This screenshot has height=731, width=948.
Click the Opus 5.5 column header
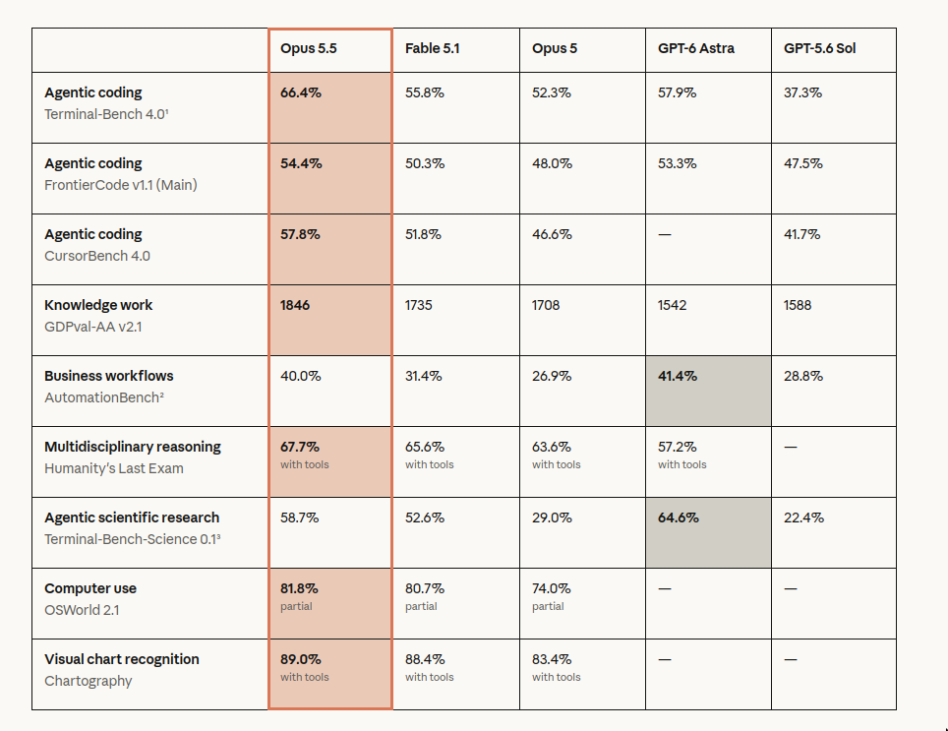coord(309,48)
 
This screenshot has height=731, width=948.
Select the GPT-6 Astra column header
coord(696,48)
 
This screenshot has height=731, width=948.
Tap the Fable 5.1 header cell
coord(433,48)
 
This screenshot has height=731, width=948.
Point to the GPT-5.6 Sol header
coord(820,48)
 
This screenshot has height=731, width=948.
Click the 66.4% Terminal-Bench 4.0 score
coord(301,92)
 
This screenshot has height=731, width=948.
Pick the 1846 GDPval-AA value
coord(294,305)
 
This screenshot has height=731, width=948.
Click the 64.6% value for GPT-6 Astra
coord(678,518)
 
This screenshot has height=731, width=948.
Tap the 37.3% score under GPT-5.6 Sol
coord(802,92)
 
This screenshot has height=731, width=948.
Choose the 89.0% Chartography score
coord(301,659)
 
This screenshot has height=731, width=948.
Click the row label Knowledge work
coord(98,305)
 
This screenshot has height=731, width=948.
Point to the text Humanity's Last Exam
coord(114,468)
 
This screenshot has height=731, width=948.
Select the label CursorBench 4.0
coord(97,256)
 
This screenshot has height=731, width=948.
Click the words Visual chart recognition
coord(122,659)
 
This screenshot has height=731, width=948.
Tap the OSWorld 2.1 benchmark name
coord(82,610)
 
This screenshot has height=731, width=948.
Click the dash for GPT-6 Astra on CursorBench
coord(665,234)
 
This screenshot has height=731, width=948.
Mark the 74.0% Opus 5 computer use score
coord(551,588)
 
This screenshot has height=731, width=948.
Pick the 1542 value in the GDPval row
coord(673,305)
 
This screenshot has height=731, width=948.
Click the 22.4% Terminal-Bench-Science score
coord(803,518)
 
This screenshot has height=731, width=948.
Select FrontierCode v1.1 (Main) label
coord(121,185)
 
